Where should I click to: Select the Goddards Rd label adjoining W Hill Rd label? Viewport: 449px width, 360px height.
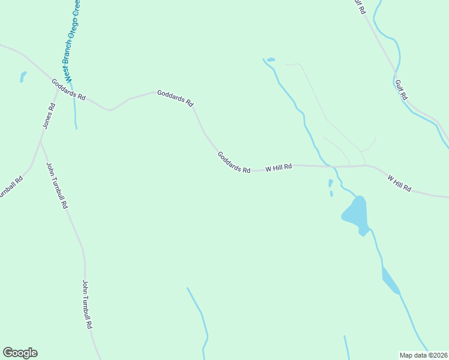coord(234,162)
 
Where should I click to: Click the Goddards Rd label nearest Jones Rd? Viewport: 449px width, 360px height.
coord(68,90)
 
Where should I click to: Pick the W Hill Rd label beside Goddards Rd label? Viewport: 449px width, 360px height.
coord(279,167)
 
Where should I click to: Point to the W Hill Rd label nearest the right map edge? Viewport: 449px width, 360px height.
coord(399,184)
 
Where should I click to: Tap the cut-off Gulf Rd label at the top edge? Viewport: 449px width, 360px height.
coord(360,6)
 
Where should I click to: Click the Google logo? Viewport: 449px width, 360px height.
coord(20,353)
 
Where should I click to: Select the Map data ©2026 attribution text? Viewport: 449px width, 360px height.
coord(423,355)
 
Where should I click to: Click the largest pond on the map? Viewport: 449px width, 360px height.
coord(355,213)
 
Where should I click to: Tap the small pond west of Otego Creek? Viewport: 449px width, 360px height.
coord(23,77)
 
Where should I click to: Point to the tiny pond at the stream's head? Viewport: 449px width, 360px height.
coord(271,59)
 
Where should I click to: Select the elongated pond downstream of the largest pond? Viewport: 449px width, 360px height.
coord(390,281)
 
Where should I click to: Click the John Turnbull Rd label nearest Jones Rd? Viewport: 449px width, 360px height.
coord(57,185)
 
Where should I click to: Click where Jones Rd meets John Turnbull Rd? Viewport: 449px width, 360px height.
coord(40,142)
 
